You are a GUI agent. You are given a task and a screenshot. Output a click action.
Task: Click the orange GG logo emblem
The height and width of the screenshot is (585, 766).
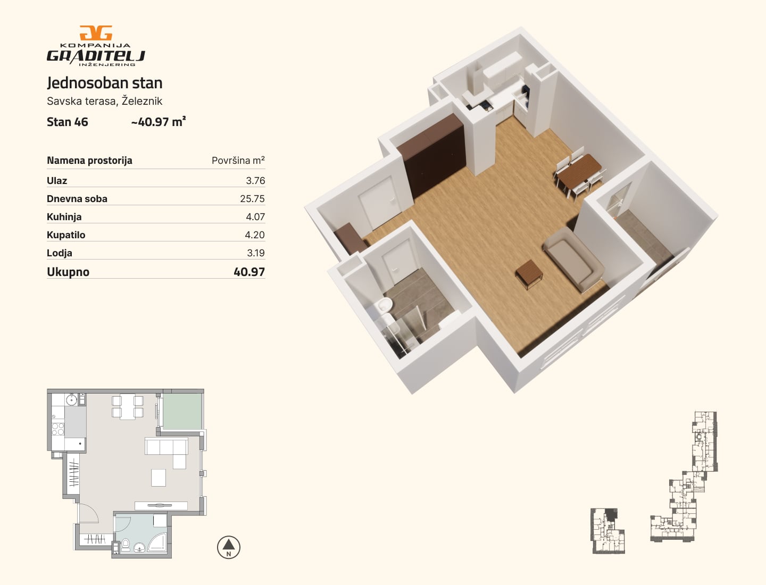pyautogui.click(x=96, y=33)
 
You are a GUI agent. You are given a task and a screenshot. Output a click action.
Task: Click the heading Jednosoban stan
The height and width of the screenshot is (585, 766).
pyautogui.click(x=105, y=83)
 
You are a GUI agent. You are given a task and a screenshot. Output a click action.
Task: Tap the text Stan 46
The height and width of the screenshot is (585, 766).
pyautogui.click(x=68, y=122)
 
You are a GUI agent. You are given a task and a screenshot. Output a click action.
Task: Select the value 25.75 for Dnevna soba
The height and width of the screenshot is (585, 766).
pyautogui.click(x=252, y=198)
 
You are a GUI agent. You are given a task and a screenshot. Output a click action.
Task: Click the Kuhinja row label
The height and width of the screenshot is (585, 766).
pyautogui.click(x=64, y=217)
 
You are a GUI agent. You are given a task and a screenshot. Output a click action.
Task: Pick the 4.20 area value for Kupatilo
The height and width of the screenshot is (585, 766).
pyautogui.click(x=255, y=235)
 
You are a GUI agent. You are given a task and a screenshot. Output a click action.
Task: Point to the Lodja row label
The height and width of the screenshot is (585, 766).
pyautogui.click(x=60, y=253)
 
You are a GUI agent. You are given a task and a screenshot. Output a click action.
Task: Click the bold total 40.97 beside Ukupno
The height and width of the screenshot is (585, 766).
pyautogui.click(x=249, y=272)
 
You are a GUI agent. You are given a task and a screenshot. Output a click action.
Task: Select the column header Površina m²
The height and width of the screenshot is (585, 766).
pyautogui.click(x=238, y=160)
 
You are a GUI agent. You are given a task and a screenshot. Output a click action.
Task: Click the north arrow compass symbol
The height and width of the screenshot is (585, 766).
pyautogui.click(x=229, y=547)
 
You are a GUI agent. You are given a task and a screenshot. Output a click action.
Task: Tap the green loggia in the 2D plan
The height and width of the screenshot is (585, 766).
pyautogui.click(x=182, y=412)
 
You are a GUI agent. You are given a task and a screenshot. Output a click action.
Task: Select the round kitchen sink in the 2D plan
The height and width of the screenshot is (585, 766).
pyautogui.click(x=71, y=400)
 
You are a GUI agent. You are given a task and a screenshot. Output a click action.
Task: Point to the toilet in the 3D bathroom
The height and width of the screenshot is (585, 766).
pyautogui.click(x=385, y=305)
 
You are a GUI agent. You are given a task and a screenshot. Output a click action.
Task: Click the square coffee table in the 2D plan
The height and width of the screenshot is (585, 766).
pyautogui.click(x=159, y=478)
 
